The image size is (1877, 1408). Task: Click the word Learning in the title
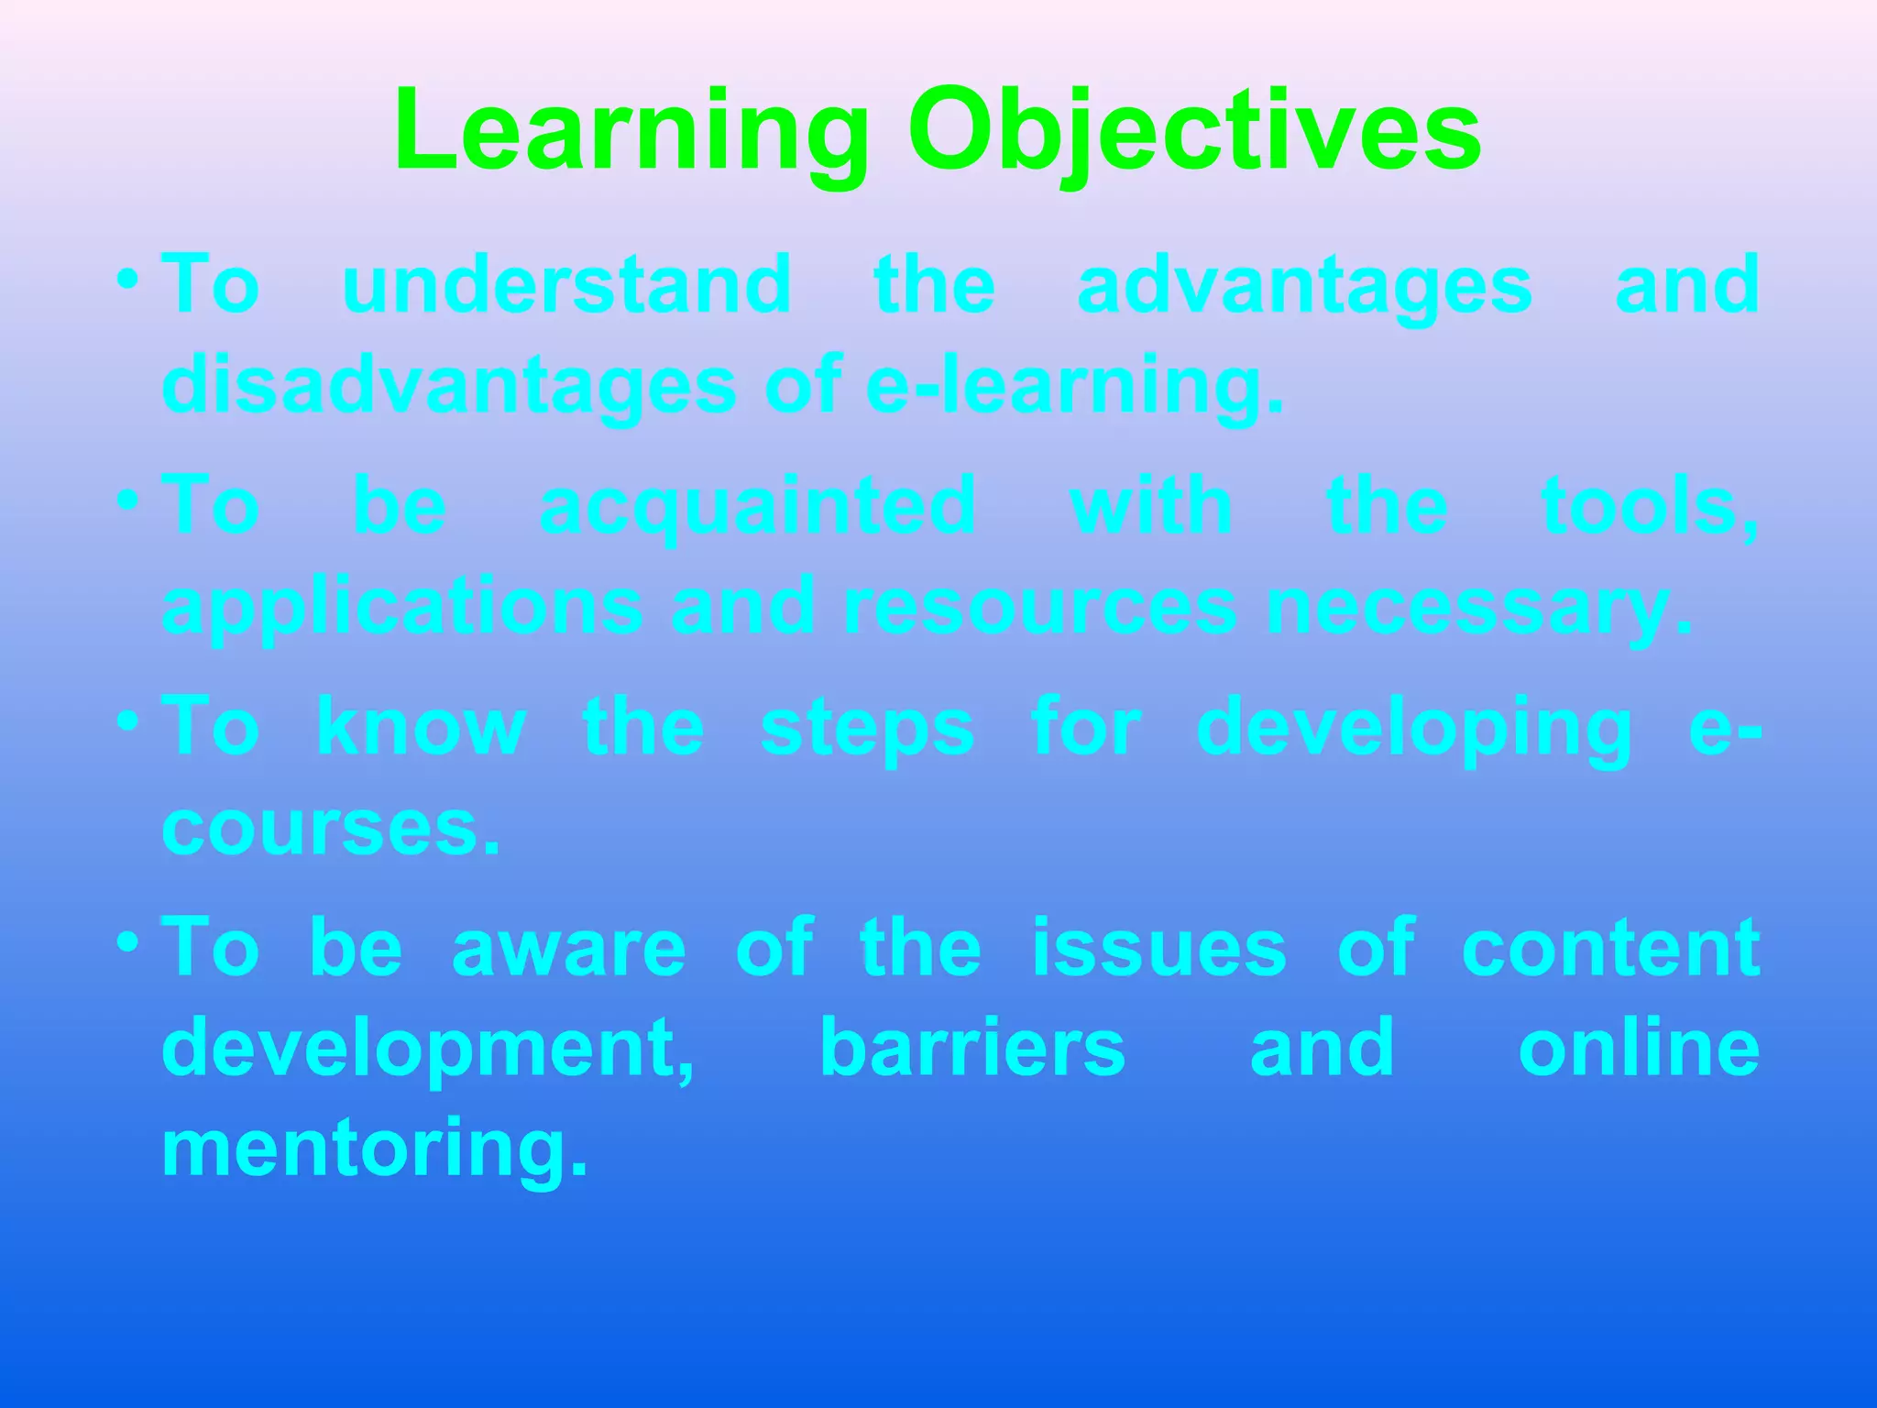click(x=631, y=133)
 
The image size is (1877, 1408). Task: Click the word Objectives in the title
click(x=1194, y=133)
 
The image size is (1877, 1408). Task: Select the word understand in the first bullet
click(x=566, y=285)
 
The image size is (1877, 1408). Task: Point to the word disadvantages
click(x=449, y=386)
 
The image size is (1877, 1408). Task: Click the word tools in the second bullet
click(x=1648, y=506)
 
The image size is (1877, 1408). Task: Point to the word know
click(x=421, y=727)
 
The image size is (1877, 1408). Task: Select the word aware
click(x=568, y=949)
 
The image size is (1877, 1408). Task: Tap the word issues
click(x=1159, y=947)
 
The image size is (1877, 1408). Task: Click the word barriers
click(x=972, y=1048)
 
